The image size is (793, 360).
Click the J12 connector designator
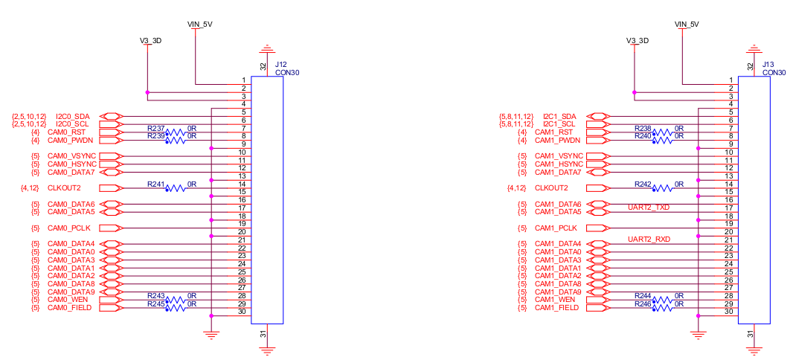(281, 65)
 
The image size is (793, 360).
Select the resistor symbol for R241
(176, 189)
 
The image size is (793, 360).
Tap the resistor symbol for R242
(664, 189)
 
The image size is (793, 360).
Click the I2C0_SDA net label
(73, 117)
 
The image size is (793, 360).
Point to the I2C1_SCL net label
(559, 124)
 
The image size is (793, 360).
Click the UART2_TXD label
(649, 208)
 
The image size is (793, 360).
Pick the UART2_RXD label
(649, 240)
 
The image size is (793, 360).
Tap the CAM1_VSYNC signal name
(560, 156)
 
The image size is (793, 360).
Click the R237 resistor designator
(155, 129)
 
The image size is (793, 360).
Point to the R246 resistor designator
(643, 304)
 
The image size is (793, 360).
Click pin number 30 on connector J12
(242, 312)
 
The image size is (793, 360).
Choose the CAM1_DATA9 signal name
(559, 292)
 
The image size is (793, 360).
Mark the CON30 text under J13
(774, 73)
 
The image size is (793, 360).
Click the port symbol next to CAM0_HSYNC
(109, 164)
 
